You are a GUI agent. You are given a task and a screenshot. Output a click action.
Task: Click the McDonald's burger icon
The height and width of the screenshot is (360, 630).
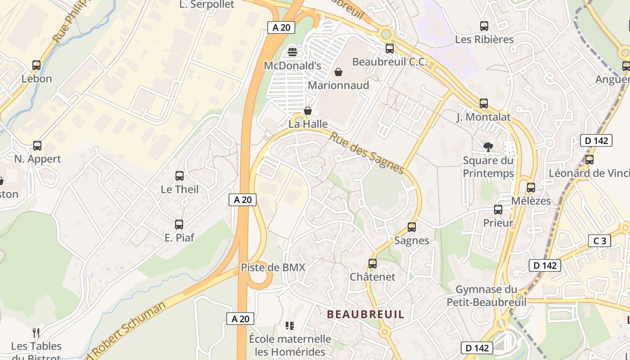click(x=292, y=52)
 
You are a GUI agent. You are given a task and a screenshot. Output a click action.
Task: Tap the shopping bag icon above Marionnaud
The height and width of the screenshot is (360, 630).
click(x=338, y=72)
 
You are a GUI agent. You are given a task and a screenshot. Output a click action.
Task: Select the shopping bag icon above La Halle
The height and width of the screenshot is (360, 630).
click(x=308, y=111)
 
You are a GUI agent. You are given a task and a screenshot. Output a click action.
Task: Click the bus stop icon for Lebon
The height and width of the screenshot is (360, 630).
click(x=36, y=65)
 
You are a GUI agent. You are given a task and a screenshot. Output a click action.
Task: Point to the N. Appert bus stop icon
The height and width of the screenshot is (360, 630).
click(x=37, y=146)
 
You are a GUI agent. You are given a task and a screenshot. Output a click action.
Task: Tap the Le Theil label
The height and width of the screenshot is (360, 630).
click(x=180, y=189)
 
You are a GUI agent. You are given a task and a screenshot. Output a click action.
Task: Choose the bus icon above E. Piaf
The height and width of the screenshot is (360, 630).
click(x=179, y=224)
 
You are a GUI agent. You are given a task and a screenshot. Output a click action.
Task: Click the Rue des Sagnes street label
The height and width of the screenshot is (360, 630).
click(x=367, y=152)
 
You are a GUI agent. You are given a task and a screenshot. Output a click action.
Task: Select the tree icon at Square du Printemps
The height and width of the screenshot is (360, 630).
click(x=488, y=146)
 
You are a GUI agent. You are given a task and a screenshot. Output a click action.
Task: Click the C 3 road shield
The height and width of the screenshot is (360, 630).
click(x=599, y=241)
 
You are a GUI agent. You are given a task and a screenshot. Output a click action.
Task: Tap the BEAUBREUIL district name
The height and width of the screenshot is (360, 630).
click(x=365, y=314)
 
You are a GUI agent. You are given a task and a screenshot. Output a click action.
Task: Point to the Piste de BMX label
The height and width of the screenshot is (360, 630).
click(x=273, y=267)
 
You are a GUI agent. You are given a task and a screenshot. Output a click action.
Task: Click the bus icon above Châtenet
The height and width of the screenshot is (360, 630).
click(x=373, y=264)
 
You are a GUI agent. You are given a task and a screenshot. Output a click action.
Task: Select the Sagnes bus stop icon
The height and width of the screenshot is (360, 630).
click(x=412, y=227)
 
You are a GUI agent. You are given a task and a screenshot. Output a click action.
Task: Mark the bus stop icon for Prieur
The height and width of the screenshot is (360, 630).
click(x=498, y=210)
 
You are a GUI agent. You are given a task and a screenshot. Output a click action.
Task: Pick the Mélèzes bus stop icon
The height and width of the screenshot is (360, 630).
click(x=531, y=188)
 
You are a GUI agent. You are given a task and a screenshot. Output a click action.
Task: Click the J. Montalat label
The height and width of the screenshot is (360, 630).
click(x=484, y=117)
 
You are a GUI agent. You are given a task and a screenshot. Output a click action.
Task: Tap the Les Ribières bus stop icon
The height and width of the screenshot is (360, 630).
click(x=484, y=26)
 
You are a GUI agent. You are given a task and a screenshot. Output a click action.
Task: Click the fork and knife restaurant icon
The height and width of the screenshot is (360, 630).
click(x=36, y=333)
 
